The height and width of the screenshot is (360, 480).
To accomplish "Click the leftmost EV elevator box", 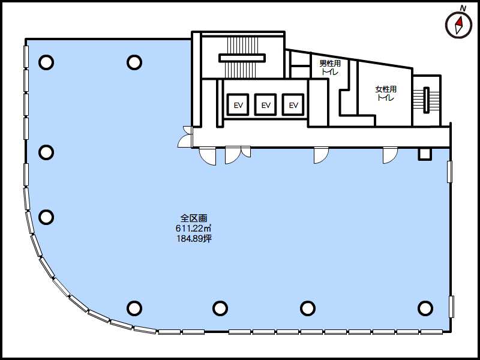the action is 238,104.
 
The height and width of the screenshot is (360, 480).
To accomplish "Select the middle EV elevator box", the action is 265,104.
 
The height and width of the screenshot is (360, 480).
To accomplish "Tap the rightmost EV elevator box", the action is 293,104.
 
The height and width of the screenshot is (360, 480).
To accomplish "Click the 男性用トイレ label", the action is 330,68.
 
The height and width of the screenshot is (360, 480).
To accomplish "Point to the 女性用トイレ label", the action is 386,94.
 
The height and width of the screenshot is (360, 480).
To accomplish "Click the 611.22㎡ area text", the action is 194,228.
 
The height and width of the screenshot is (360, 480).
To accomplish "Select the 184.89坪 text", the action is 194,238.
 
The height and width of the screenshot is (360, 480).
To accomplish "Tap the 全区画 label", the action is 194,218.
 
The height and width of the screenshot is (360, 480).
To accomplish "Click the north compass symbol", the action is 458,26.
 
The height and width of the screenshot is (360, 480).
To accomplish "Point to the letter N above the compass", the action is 463,9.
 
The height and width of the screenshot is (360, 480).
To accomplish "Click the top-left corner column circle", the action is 46,62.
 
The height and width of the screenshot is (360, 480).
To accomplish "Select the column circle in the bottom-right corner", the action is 425,308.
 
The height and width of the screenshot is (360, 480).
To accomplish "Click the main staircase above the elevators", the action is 242,58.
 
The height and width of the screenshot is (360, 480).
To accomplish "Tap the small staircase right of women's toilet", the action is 426,100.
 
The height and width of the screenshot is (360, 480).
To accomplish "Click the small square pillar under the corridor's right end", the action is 425,154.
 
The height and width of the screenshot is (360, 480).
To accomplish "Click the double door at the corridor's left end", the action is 185,137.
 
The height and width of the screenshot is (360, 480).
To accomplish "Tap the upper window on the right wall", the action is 449,172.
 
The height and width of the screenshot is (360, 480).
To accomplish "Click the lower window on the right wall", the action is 451,307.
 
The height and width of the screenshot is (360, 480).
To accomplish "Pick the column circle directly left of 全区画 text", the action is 46,217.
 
